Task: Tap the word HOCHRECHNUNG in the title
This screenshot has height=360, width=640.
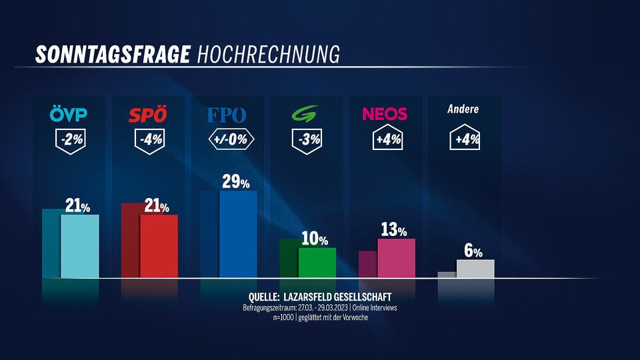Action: (268, 54)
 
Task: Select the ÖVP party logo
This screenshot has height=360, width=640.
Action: (69, 115)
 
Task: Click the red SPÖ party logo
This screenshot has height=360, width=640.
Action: (148, 115)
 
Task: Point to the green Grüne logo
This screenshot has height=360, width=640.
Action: (307, 115)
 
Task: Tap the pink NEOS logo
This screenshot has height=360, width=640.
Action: (385, 114)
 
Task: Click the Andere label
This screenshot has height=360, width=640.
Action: (463, 109)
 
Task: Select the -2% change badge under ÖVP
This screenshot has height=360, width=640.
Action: (69, 141)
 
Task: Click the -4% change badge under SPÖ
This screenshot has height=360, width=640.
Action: (149, 141)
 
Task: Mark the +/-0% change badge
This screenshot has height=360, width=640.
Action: (228, 141)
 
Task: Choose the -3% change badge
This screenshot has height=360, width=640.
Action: (307, 141)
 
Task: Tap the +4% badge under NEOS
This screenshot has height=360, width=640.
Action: (385, 139)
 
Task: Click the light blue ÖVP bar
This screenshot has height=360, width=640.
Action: (80, 246)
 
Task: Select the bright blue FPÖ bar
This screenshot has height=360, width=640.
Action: (238, 234)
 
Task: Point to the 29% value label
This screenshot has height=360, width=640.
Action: (235, 182)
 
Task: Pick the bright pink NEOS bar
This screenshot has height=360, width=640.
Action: (396, 258)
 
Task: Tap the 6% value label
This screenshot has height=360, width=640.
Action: (473, 251)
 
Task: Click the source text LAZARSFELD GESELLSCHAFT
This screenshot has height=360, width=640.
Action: (337, 296)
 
